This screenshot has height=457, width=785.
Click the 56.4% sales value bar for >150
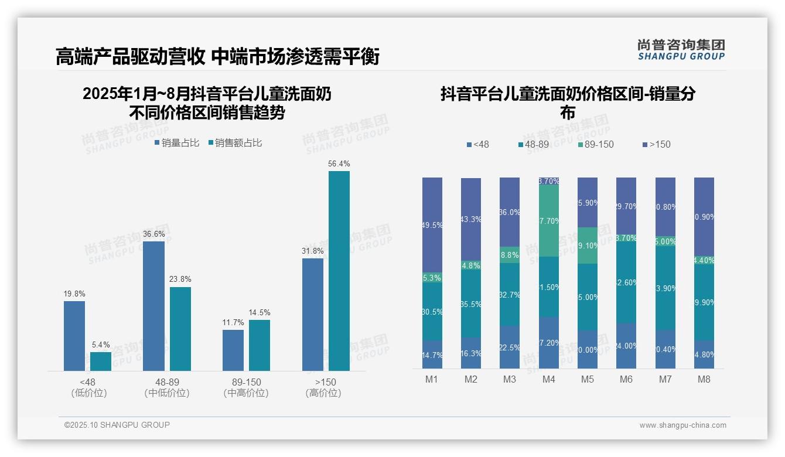point(339,271)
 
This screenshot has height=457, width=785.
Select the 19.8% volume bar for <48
point(74,336)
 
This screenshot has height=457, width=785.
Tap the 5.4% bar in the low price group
point(101,361)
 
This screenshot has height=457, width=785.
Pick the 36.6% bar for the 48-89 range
point(153,306)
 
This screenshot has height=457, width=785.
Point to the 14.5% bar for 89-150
point(260,345)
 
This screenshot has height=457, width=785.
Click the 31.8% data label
point(313,251)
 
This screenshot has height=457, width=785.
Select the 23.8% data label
point(180,279)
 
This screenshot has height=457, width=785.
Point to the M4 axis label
point(548,380)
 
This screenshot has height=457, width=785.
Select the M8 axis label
point(704,380)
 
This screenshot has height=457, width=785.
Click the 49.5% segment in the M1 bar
point(432,225)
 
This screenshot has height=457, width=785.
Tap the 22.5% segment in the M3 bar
point(510,347)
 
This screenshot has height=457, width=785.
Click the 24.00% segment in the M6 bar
point(626,346)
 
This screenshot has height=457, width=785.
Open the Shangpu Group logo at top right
point(681,49)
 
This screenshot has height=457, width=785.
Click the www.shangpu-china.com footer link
point(682,425)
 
